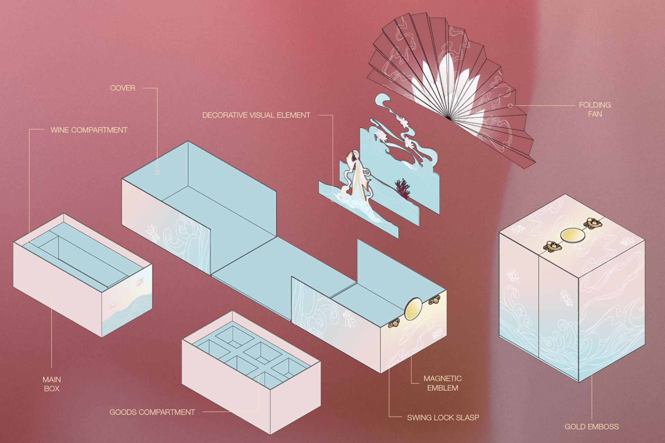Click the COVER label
click(x=123, y=88)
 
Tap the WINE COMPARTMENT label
click(x=89, y=130)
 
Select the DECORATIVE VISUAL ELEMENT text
click(x=256, y=115)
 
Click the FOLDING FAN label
click(x=595, y=109)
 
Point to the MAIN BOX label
click(x=52, y=384)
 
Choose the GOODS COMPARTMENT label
click(x=152, y=412)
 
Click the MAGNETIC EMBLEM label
click(x=443, y=383)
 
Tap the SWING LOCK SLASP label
click(x=443, y=417)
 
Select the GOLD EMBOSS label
click(x=592, y=426)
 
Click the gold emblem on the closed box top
click(x=573, y=235)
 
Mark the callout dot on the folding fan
click(x=510, y=105)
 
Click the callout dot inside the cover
click(x=157, y=172)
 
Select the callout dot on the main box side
click(x=52, y=298)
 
